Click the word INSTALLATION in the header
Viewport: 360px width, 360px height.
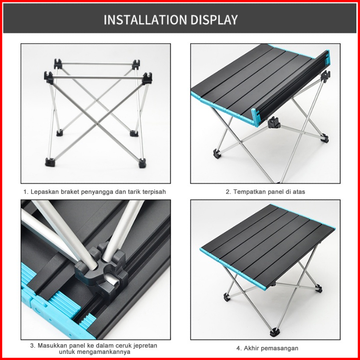click(x=145, y=20)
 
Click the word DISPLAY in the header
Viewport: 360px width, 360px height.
click(x=214, y=20)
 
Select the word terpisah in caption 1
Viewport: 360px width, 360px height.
click(x=154, y=192)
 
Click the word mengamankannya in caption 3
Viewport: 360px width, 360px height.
click(x=104, y=352)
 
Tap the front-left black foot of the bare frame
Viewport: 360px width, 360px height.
click(x=50, y=162)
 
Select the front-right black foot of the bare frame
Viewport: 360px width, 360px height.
click(x=142, y=163)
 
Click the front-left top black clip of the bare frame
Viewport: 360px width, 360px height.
click(x=49, y=77)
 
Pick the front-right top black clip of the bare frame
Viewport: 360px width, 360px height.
click(x=147, y=79)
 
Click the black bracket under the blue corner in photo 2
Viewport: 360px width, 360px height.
click(x=274, y=122)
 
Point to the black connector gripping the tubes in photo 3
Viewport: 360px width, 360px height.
click(x=101, y=271)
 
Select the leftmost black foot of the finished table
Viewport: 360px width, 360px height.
click(x=226, y=297)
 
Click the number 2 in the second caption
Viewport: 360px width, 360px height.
click(x=228, y=192)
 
